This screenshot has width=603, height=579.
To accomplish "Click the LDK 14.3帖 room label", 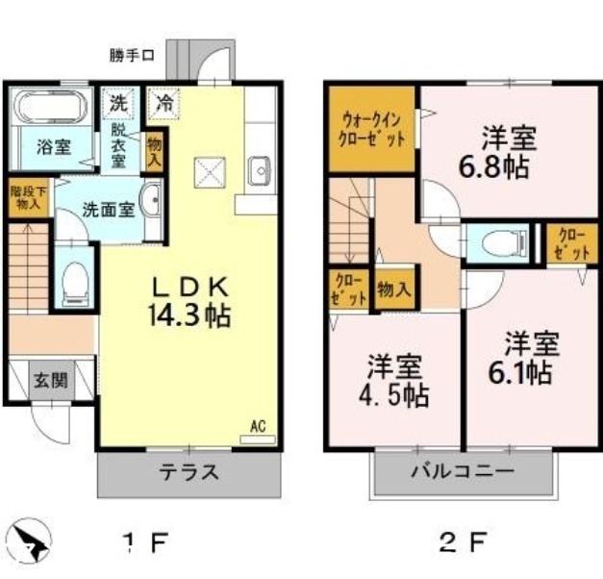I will pyautogui.click(x=188, y=300).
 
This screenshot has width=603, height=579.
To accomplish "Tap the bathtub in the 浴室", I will pyautogui.click(x=52, y=108).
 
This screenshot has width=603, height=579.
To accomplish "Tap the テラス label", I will pyautogui.click(x=189, y=472).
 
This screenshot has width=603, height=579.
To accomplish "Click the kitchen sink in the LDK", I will pyautogui.click(x=259, y=174).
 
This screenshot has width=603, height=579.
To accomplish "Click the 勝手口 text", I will pyautogui.click(x=131, y=57).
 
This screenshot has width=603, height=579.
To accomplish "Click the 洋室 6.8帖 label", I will pyautogui.click(x=497, y=153).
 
